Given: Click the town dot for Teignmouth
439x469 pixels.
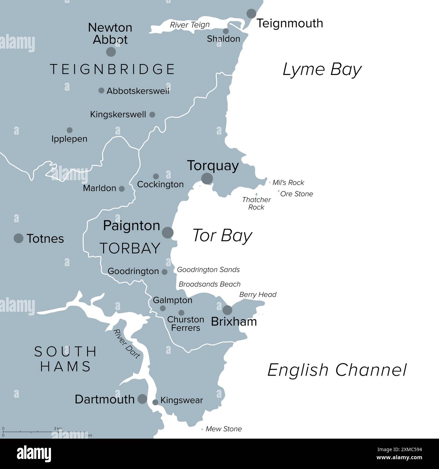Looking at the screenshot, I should [x=251, y=14].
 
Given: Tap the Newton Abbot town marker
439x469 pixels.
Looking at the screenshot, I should [x=111, y=52].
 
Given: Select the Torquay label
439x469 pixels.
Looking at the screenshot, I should [x=213, y=166].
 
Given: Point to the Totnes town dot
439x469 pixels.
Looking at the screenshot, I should [x=19, y=238].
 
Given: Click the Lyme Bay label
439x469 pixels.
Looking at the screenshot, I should [x=322, y=70].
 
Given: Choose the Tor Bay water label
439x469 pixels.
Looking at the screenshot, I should [x=222, y=236].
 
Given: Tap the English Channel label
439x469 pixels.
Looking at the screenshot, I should [x=337, y=370].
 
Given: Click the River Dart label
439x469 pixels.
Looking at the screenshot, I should [x=127, y=344].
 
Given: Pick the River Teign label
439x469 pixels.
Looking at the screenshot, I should [x=190, y=25].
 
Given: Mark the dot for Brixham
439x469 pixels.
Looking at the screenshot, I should [x=227, y=310].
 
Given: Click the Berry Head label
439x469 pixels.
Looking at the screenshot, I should [x=258, y=295].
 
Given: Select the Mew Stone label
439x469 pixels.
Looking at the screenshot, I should [x=224, y=429].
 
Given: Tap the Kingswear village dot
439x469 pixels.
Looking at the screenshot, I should [x=155, y=402].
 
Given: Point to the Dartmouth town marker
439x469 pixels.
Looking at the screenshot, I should [x=143, y=399].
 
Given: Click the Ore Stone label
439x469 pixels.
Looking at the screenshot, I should [x=296, y=194].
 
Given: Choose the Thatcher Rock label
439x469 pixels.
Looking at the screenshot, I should [x=256, y=203].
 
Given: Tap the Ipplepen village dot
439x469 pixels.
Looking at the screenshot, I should [x=70, y=130].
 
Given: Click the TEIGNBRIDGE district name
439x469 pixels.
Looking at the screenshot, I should [x=112, y=69].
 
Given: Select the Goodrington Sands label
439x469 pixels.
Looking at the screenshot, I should [x=208, y=270].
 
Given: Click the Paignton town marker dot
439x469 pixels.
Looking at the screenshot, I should [x=168, y=232].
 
